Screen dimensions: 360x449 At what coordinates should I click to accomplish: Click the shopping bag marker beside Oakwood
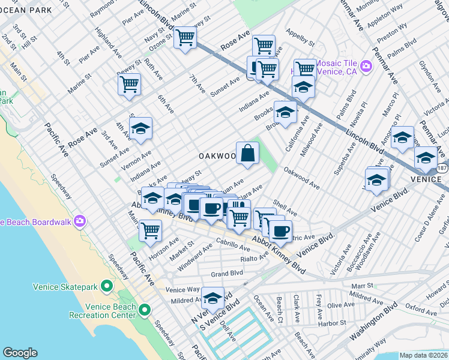point(248,153)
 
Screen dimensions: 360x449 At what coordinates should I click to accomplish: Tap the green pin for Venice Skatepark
point(107,286)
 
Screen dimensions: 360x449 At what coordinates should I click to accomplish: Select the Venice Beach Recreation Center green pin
point(144,310)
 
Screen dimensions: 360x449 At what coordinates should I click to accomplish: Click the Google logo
point(20,353)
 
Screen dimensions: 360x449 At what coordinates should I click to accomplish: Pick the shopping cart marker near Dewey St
point(129,85)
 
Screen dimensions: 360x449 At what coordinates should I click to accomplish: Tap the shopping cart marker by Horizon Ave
point(150,230)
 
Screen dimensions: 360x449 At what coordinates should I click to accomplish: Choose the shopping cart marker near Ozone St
point(185,38)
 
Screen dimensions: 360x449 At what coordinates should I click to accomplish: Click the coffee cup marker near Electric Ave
point(280,230)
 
